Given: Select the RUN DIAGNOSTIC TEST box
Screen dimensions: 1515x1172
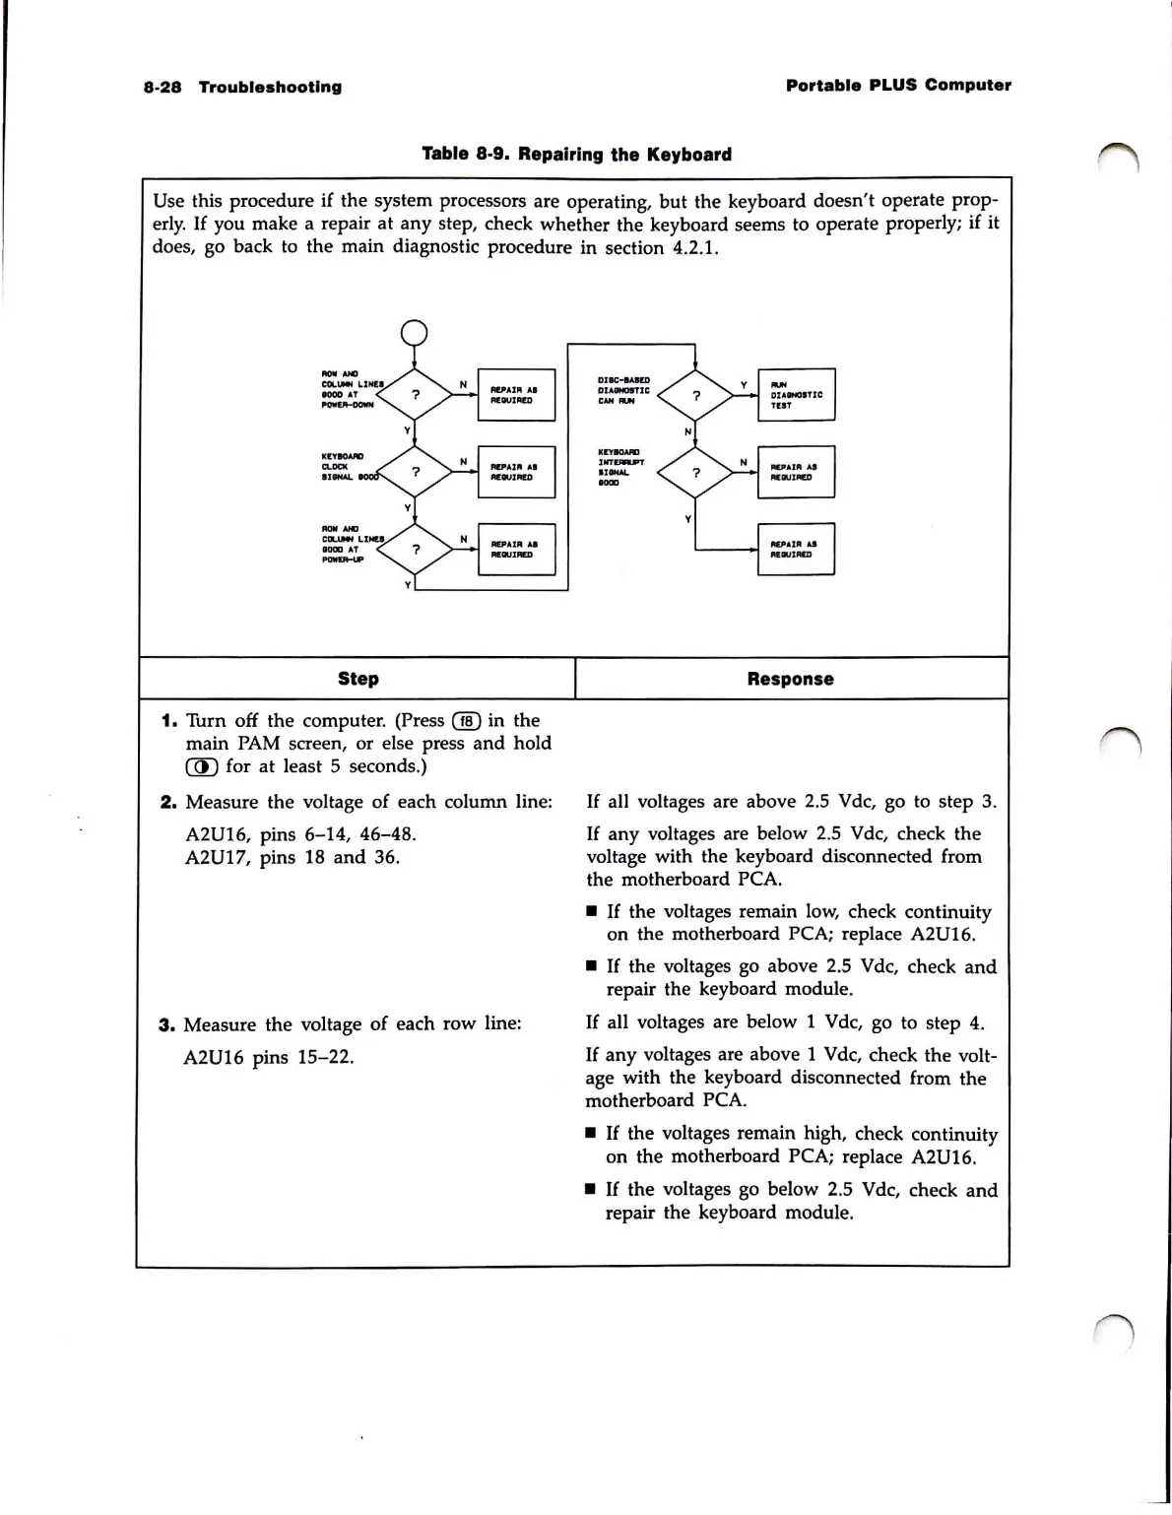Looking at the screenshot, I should tap(796, 394).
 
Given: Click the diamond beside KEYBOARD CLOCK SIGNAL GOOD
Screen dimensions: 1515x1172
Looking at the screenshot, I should tap(416, 471).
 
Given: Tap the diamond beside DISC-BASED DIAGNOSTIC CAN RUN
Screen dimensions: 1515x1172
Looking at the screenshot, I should tap(695, 395).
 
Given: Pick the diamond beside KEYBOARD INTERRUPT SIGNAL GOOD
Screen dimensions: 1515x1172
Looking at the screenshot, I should tap(695, 472).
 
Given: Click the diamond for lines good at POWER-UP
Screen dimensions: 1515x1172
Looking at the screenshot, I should tap(416, 549).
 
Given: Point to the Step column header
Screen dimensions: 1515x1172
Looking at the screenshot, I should tap(358, 679).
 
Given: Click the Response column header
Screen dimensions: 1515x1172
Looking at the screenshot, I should tap(790, 679).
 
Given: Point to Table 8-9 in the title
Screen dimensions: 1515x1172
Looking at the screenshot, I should tap(463, 154).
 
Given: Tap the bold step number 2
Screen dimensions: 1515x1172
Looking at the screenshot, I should tap(167, 802).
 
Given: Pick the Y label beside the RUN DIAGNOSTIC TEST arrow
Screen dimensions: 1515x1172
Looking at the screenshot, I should tap(744, 384).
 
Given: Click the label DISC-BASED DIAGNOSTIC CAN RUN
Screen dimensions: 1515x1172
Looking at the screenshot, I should tap(623, 390).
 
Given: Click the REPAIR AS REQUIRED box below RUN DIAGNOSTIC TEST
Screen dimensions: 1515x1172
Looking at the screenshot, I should tap(796, 472).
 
